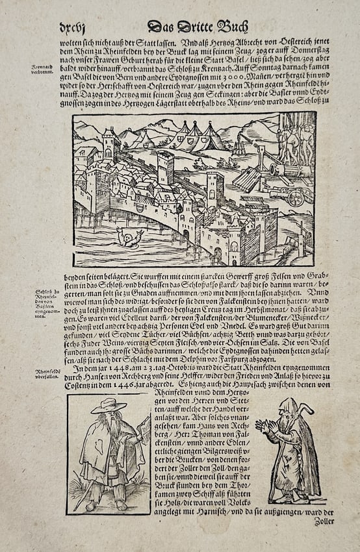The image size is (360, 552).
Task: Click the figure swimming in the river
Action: tap(131, 238)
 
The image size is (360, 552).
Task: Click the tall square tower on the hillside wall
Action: tap(165, 168)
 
